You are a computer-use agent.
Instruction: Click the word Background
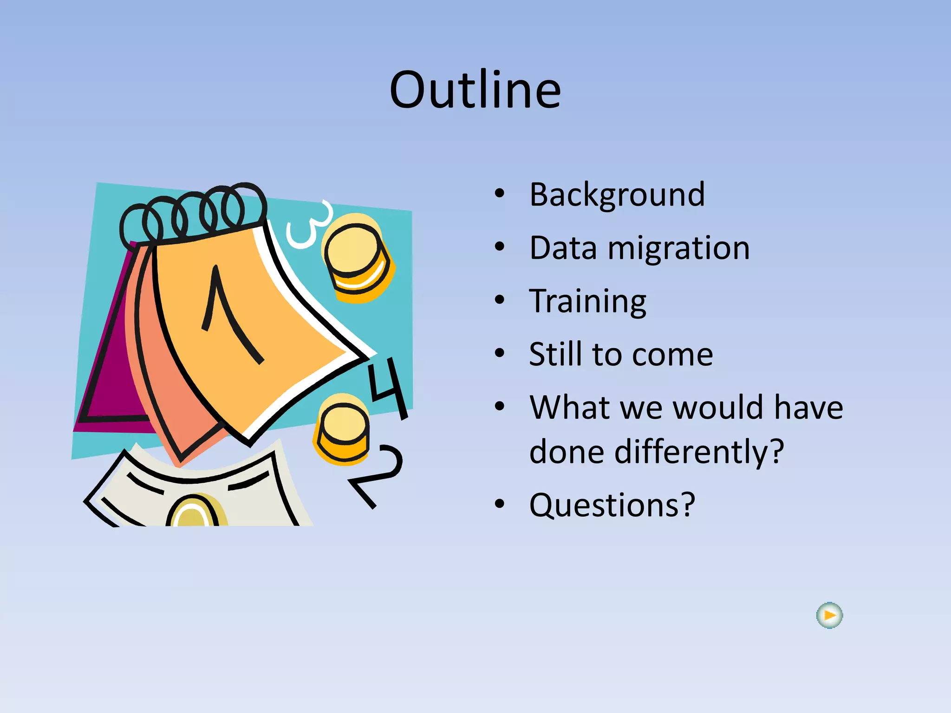[x=617, y=194]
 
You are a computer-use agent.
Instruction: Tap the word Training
[x=587, y=301]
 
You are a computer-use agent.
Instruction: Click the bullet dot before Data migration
[x=499, y=247]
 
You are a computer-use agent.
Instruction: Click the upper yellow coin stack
[x=358, y=258]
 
